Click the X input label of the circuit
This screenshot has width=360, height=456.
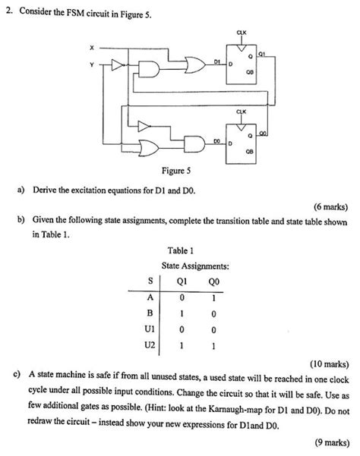pos(91,48)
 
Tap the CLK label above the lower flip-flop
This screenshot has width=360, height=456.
pos(242,112)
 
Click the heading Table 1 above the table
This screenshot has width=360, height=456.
pos(180,250)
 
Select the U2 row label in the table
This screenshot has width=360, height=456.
pos(150,345)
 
